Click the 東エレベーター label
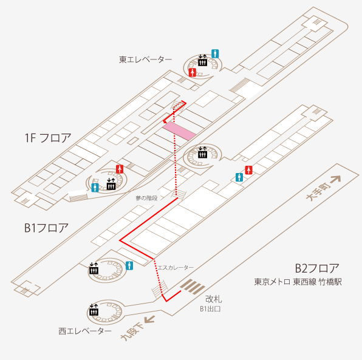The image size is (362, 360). (145, 59)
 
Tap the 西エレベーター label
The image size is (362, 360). (85, 331)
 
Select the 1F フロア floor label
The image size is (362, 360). (48, 138)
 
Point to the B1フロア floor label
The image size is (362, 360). (46, 228)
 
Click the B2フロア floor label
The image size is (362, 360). (317, 268)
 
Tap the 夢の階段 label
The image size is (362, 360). (146, 198)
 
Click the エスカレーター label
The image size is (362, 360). (176, 268)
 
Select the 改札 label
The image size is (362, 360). (214, 299)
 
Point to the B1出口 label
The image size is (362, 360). (210, 309)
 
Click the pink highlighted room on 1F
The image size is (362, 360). (179, 131)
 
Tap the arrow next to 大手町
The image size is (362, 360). (335, 180)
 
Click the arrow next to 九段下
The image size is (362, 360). (149, 320)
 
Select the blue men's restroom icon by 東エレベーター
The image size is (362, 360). (215, 54)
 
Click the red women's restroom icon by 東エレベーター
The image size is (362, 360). (193, 72)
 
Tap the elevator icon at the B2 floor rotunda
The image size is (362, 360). (94, 310)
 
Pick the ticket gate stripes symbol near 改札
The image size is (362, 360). (193, 287)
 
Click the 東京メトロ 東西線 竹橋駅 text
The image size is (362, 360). (298, 282)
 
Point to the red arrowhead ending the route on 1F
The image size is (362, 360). (165, 121)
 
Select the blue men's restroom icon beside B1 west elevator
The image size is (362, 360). (129, 266)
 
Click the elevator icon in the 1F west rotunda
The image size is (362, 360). (111, 184)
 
